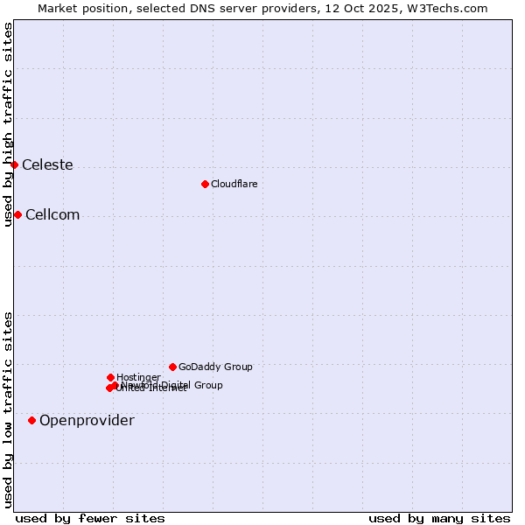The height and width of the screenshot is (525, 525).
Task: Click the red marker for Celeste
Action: click(14, 164)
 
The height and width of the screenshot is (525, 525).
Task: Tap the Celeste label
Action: click(47, 165)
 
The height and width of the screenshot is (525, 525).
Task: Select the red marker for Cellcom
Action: click(17, 214)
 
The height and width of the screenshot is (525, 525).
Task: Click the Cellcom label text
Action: click(52, 215)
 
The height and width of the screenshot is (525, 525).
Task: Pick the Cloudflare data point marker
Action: click(205, 184)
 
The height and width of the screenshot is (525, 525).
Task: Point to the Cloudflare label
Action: click(234, 184)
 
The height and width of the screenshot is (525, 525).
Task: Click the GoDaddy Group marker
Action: click(172, 367)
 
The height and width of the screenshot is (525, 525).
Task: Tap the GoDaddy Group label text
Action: click(215, 367)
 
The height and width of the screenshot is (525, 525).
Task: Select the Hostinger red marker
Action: click(110, 377)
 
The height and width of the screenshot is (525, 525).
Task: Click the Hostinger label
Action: click(138, 378)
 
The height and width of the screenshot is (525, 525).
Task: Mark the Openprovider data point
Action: click(31, 420)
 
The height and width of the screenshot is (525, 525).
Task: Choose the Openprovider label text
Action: click(87, 421)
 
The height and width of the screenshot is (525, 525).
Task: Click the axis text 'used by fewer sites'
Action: click(90, 518)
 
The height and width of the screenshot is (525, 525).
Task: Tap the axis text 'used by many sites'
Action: click(439, 518)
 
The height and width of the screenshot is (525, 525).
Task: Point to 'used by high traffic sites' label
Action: click(8, 124)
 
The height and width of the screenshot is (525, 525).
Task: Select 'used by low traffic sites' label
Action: click(8, 409)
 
